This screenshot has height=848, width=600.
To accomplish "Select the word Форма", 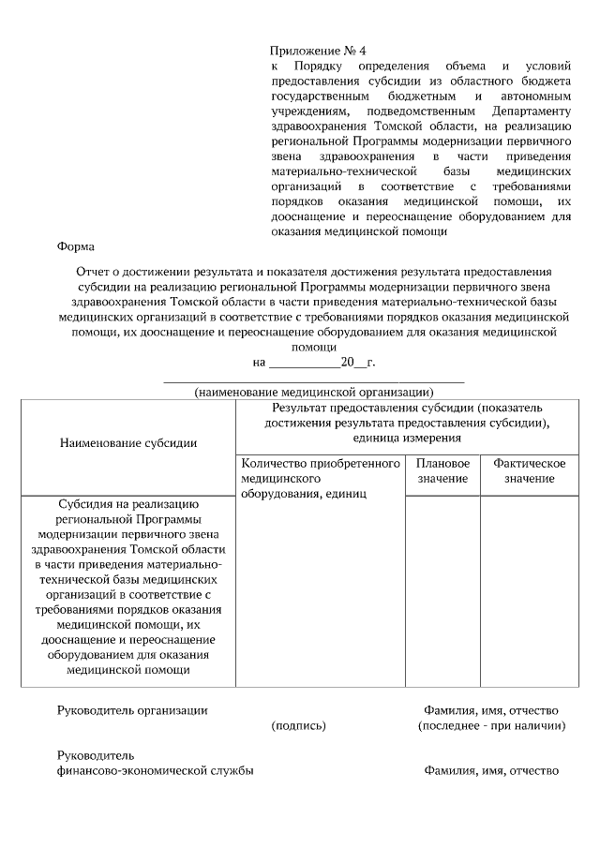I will point(75,247).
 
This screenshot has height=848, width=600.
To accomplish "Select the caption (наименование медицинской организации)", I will point(313,392).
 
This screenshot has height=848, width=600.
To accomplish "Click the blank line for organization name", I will point(313,379).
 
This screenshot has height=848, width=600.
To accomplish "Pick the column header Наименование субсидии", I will point(128,442).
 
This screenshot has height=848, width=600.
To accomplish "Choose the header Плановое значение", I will point(442,471).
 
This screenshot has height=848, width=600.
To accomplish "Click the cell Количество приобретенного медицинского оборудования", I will point(320,478).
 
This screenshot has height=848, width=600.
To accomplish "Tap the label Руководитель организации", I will point(132,710).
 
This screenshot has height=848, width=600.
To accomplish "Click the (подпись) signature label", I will point(298,725).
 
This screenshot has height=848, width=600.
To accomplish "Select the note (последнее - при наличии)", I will point(490,725).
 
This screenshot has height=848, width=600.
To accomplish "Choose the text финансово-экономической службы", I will point(155,771).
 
